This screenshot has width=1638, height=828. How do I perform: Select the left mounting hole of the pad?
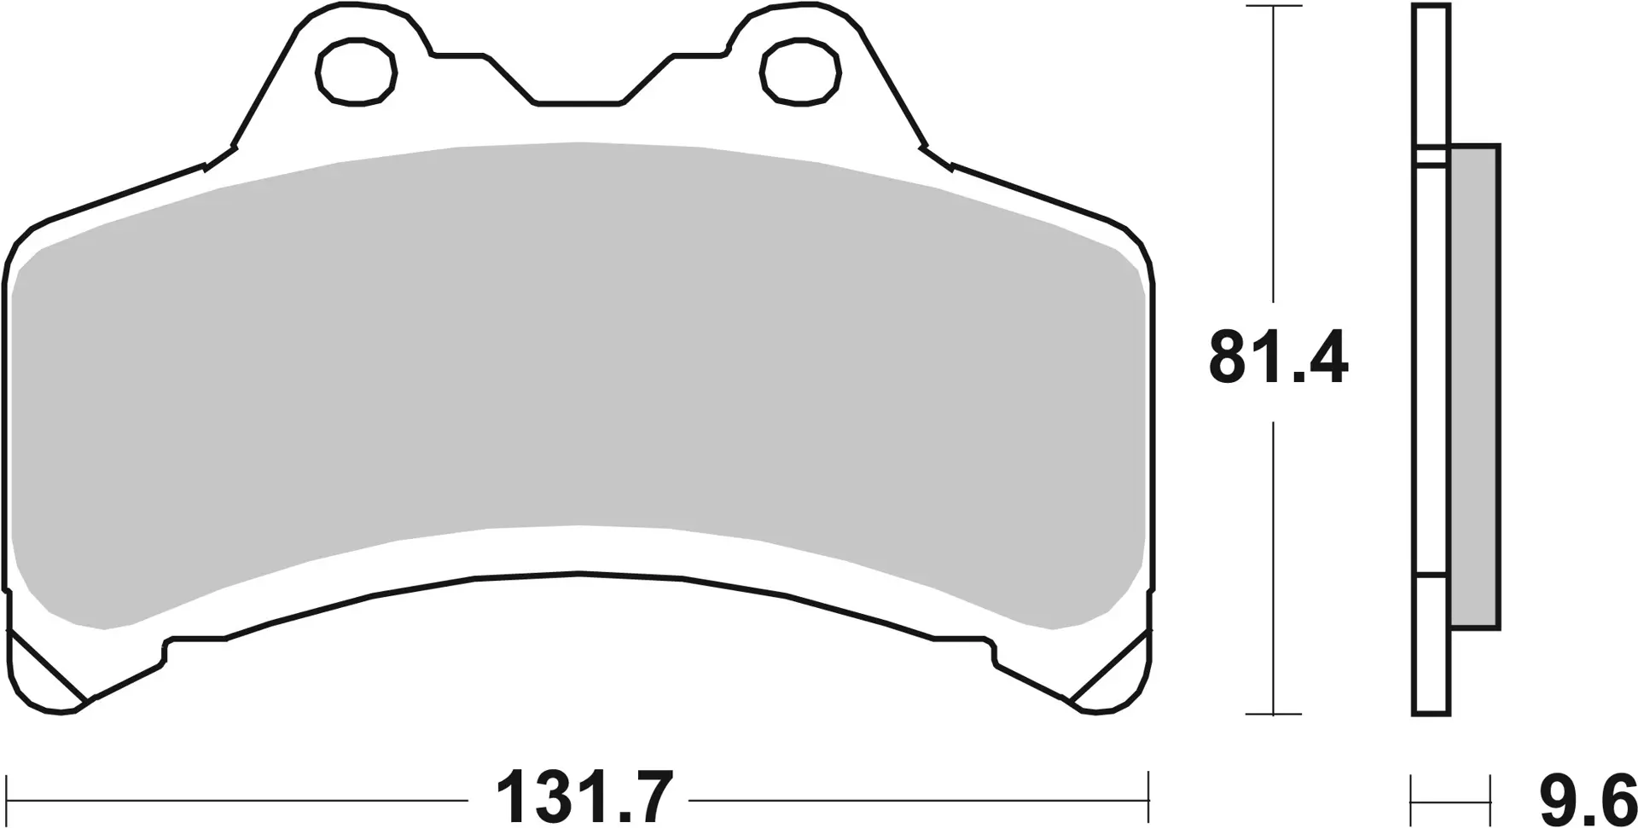point(357,70)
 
